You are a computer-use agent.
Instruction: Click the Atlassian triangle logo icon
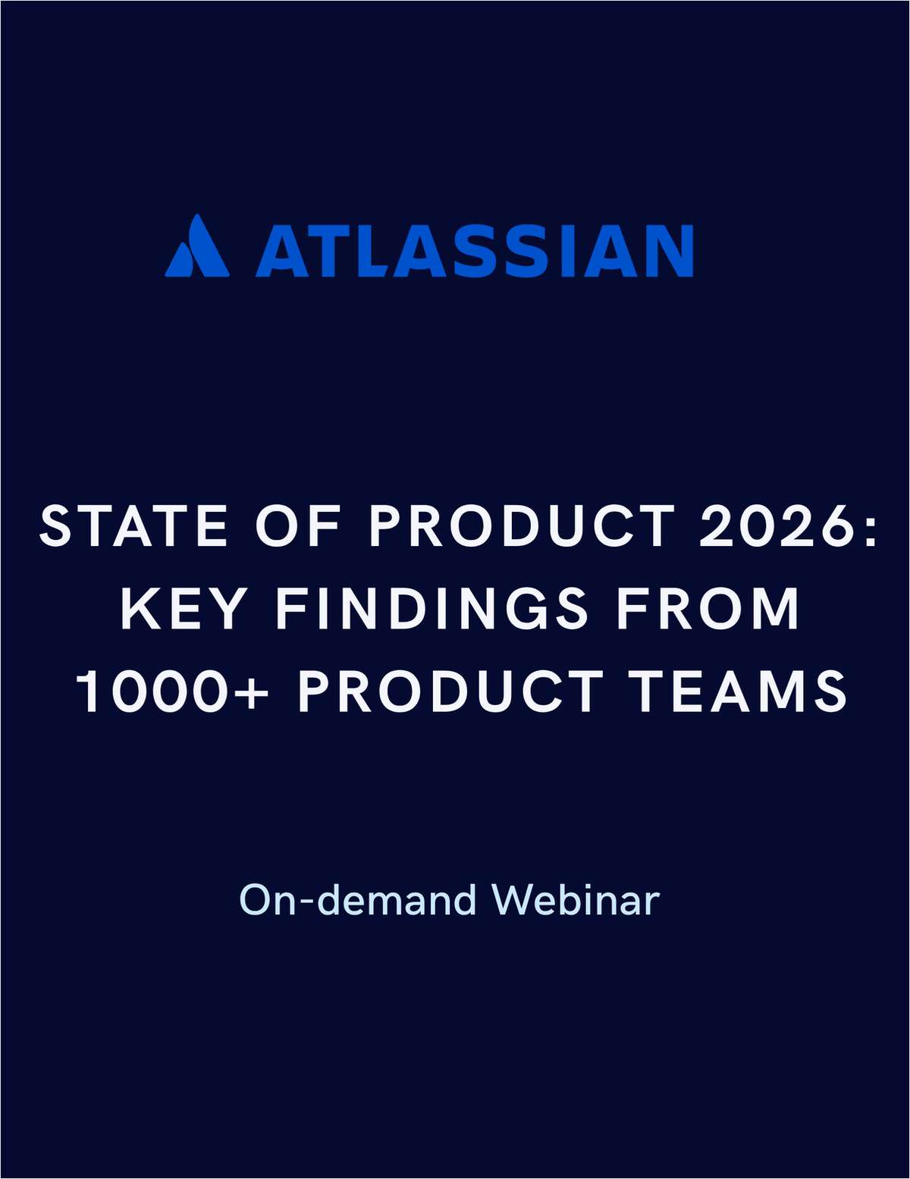click(197, 247)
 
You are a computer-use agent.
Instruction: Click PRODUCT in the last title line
click(450, 691)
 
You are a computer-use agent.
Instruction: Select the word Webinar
click(576, 900)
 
